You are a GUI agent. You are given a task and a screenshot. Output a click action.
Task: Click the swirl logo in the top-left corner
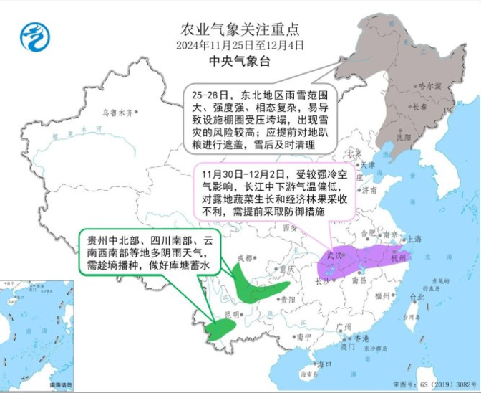[33, 37]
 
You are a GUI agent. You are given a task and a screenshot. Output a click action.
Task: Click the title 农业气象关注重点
[240, 30]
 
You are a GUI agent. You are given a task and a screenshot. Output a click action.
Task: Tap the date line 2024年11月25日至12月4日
[240, 44]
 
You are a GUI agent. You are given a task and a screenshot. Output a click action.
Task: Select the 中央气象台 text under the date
[240, 62]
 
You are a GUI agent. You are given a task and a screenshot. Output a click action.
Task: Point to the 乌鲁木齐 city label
[117, 113]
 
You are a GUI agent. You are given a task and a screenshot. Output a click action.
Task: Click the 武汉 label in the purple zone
[334, 256]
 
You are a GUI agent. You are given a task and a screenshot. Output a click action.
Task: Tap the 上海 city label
[413, 240]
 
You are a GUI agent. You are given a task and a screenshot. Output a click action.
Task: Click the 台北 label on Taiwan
[417, 297]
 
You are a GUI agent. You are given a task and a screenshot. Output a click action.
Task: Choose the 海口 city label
[326, 364]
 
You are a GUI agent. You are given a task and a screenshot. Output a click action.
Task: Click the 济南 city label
[369, 191]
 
